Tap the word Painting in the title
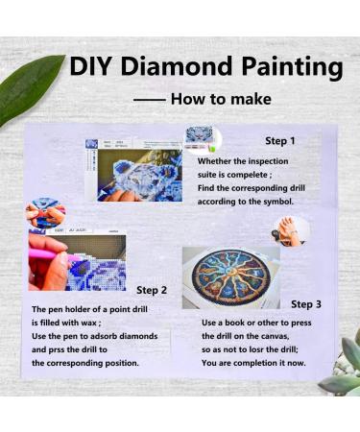(292, 68)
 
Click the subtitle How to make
(221, 99)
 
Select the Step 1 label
(280, 141)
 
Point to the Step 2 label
(152, 290)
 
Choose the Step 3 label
(306, 304)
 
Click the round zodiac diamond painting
(230, 277)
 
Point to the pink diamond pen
(51, 254)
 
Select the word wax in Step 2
(88, 323)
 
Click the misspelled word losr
(263, 349)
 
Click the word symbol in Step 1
(278, 202)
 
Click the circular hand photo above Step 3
(291, 231)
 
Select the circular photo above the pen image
(45, 212)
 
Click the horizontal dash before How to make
(150, 100)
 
